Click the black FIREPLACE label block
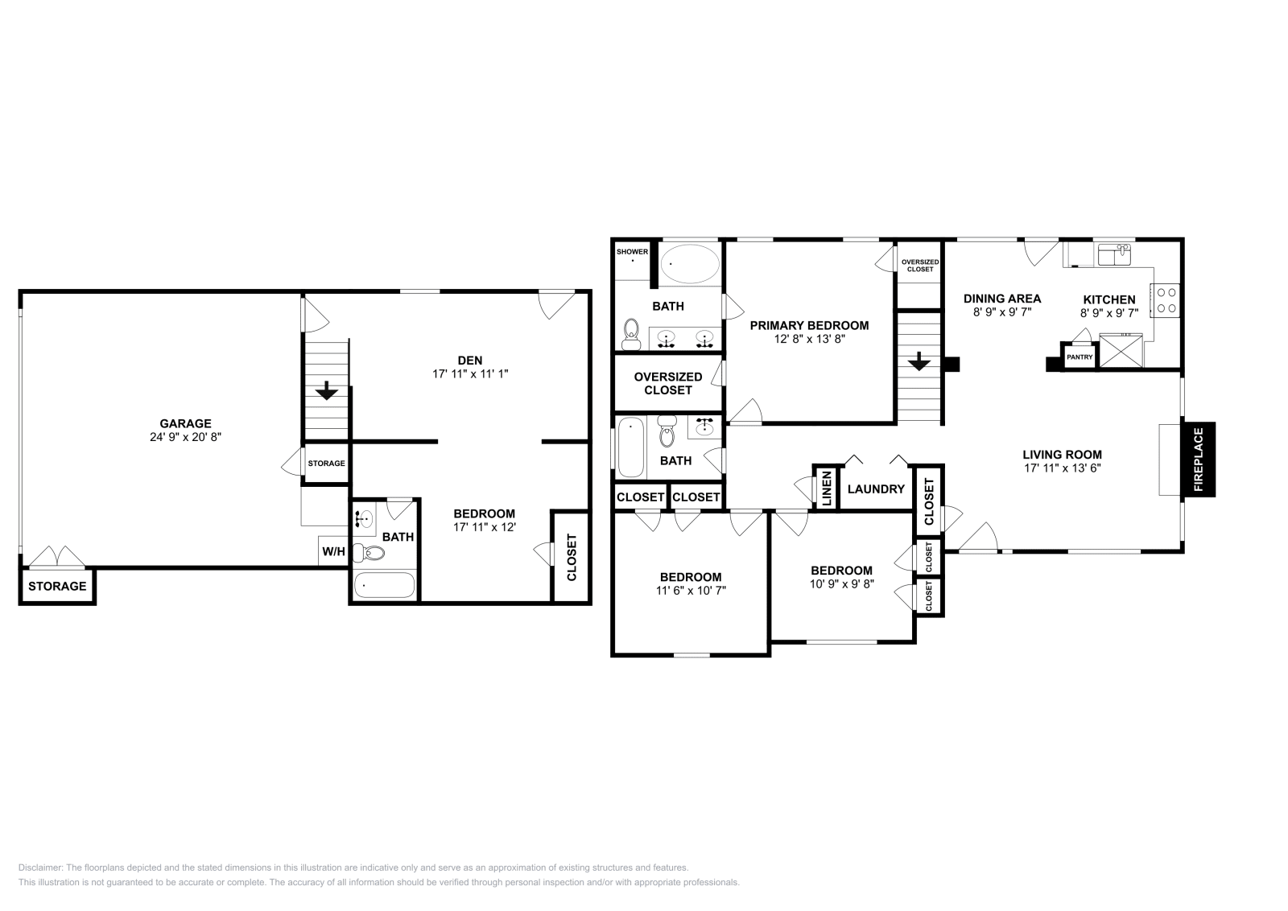[x=1198, y=460]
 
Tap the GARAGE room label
[x=185, y=423]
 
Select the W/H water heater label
[x=333, y=552]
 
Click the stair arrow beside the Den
[x=326, y=392]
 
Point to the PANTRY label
[x=1080, y=357]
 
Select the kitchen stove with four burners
[x=1166, y=299]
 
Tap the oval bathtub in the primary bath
[x=690, y=263]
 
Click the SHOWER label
[x=632, y=252]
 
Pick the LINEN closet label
[x=826, y=488]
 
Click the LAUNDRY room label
[x=876, y=488]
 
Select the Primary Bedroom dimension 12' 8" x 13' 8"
[x=809, y=340]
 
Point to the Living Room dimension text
[x=1062, y=468]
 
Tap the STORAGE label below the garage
[x=57, y=586]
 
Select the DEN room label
[x=469, y=360]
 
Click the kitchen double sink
[x=1114, y=254]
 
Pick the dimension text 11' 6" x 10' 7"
[x=690, y=590]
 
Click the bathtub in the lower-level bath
[x=384, y=585]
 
